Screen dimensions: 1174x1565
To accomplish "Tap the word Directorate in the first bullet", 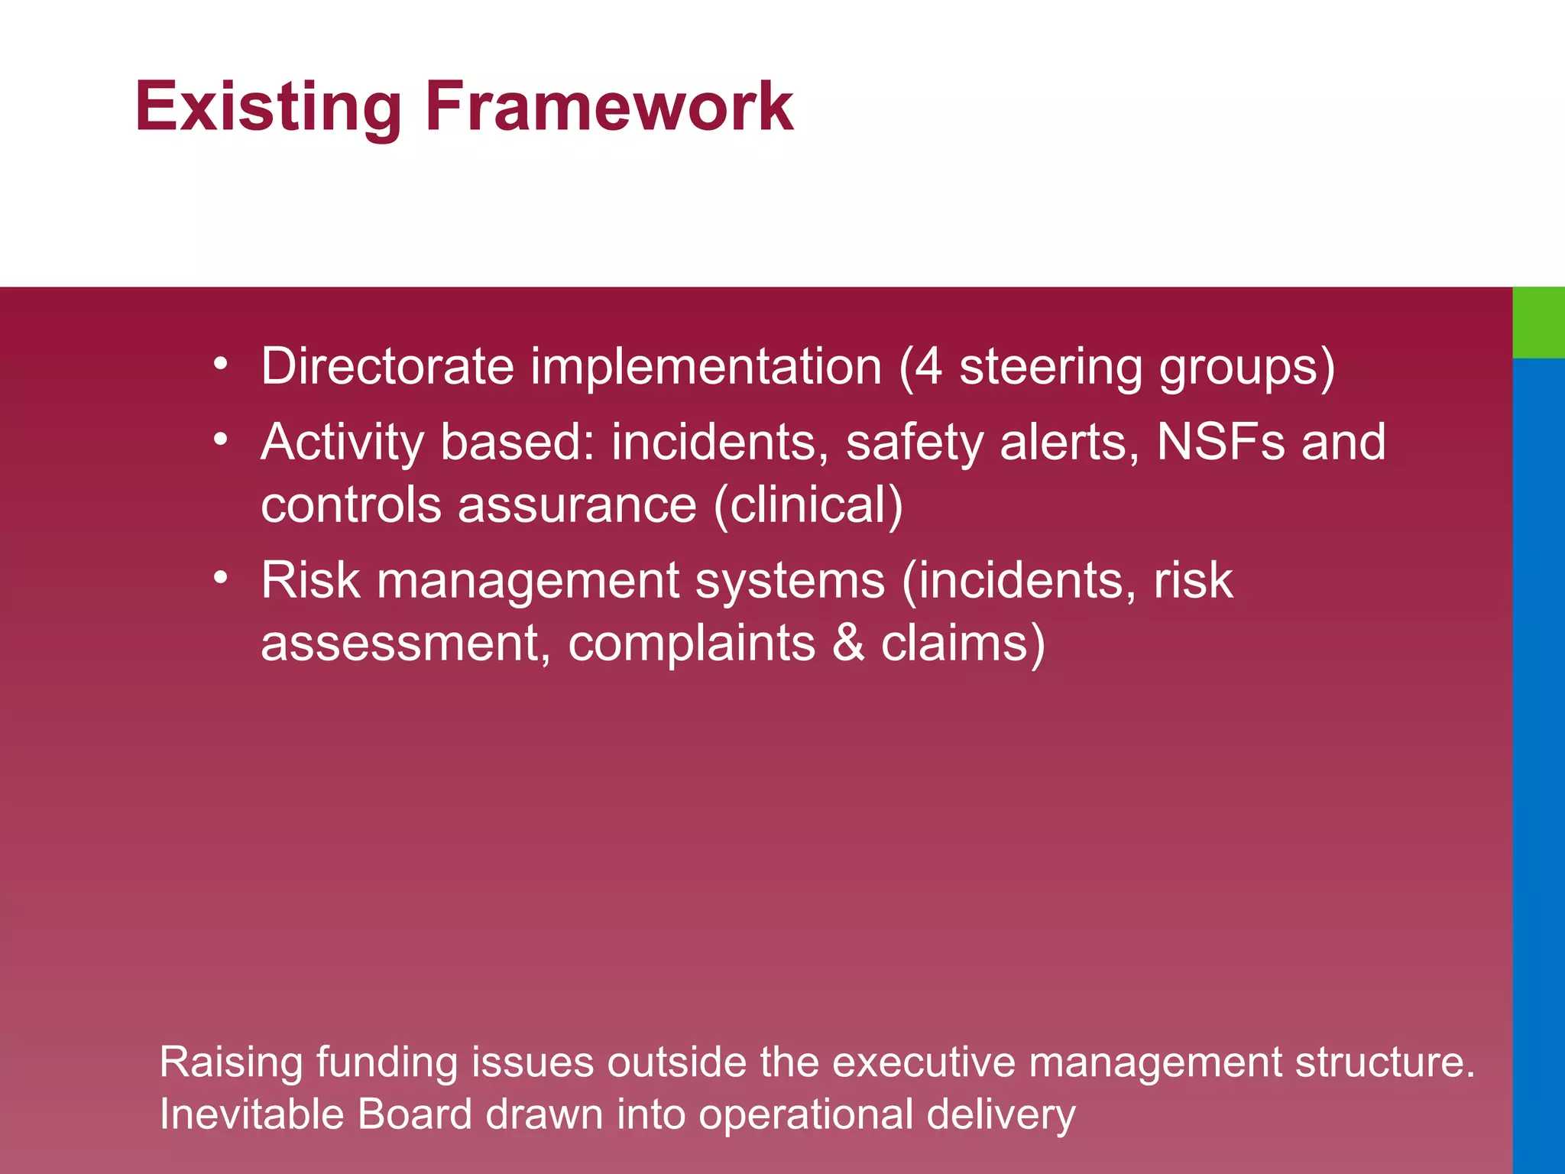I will tap(387, 366).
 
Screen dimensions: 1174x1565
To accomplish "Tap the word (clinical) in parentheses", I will tap(808, 505).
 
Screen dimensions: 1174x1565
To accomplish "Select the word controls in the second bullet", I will tap(351, 505).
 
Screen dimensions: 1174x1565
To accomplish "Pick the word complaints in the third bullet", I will tap(691, 644).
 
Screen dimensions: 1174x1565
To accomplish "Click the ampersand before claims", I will tap(847, 643).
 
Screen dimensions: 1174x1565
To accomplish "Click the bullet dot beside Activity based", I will tap(220, 439).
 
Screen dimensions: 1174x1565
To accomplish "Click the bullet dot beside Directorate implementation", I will tap(220, 364).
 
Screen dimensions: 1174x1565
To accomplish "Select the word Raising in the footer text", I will tap(231, 1063).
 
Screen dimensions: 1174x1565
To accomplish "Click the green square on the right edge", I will tap(1538, 322).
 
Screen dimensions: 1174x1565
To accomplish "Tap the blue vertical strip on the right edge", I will tap(1538, 764).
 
